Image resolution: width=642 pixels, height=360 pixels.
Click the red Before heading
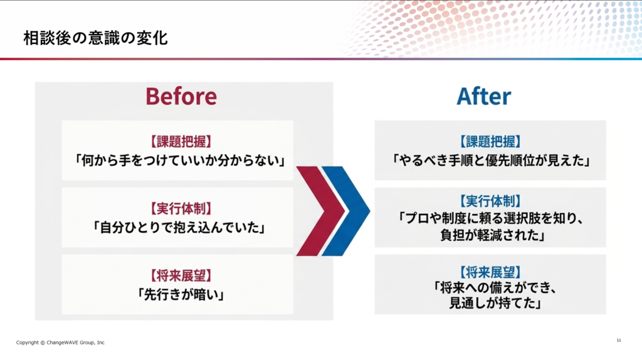tap(181, 96)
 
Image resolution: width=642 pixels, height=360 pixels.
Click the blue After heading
tap(483, 97)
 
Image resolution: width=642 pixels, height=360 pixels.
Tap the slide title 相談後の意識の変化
tap(95, 38)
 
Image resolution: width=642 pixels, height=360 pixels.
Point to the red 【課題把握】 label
tap(181, 142)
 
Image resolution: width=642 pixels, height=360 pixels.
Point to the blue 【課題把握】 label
tap(490, 142)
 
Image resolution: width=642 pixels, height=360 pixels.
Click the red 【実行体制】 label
tap(181, 209)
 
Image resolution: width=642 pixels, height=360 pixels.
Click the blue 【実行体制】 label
tap(490, 201)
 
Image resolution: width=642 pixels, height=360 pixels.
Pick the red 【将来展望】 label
tap(181, 275)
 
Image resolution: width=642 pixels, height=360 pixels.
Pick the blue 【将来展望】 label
tap(490, 272)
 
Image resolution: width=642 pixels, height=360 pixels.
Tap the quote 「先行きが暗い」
tap(181, 295)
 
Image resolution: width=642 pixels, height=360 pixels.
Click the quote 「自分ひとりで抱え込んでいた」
tap(179, 227)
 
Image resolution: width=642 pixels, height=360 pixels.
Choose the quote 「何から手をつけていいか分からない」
tap(179, 160)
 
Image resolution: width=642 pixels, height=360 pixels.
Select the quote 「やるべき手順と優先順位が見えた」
tap(490, 160)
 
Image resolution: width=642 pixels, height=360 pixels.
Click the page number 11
tap(619, 341)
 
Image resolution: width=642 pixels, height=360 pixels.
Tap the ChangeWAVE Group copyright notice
tap(60, 342)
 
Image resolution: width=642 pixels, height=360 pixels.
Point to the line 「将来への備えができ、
tap(495, 287)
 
